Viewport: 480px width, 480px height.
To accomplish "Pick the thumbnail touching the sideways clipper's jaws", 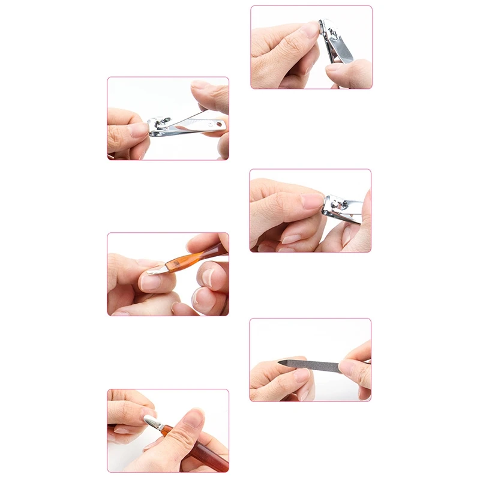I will coord(311,201).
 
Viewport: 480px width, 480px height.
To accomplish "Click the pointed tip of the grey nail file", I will coord(282,361).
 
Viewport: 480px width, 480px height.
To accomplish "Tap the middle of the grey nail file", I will coord(312,364).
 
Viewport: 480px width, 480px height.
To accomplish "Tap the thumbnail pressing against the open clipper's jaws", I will coord(139,130).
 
